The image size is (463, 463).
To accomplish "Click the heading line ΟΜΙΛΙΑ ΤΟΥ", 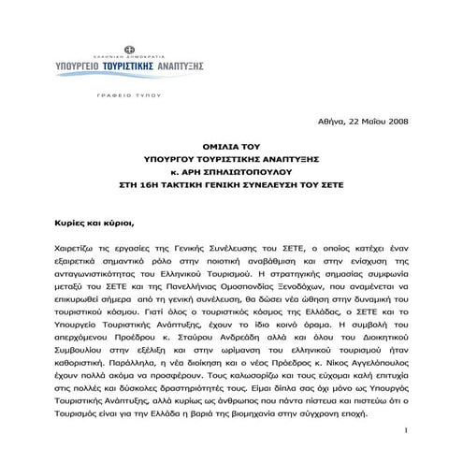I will tap(231, 146).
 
